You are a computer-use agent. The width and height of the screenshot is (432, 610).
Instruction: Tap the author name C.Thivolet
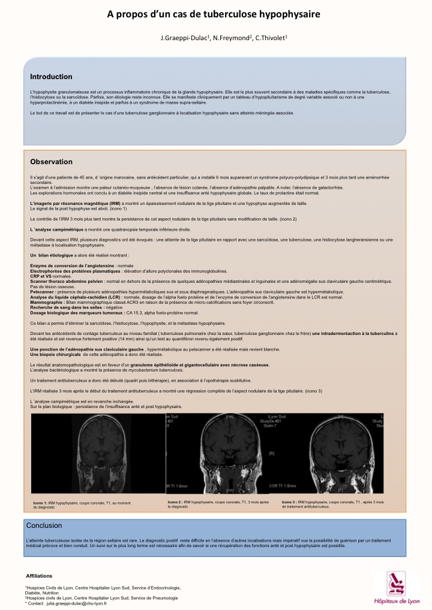pyautogui.click(x=270, y=38)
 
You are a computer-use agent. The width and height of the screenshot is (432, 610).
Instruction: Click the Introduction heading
pyautogui.click(x=51, y=77)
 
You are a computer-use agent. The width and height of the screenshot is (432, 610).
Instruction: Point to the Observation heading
pyautogui.click(x=51, y=162)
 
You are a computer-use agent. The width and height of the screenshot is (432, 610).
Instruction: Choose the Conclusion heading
pyautogui.click(x=44, y=526)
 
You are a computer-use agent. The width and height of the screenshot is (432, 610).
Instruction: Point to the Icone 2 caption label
pyautogui.click(x=175, y=501)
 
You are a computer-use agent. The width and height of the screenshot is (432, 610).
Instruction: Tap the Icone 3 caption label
pyautogui.click(x=289, y=501)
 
